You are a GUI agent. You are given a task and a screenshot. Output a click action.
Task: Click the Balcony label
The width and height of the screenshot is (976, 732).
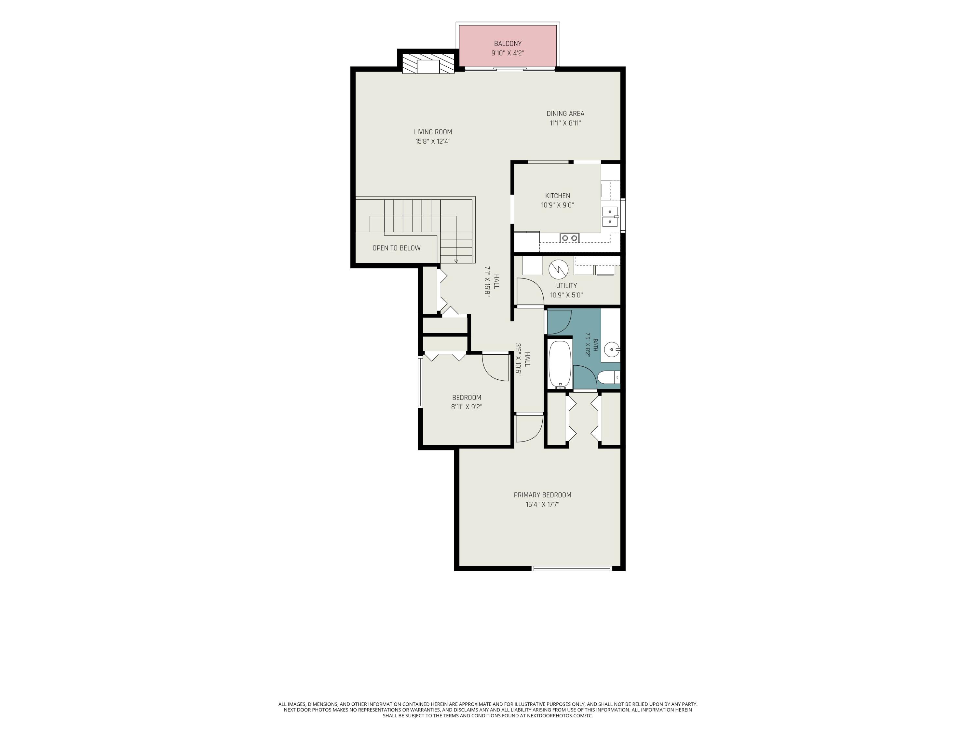[x=508, y=44]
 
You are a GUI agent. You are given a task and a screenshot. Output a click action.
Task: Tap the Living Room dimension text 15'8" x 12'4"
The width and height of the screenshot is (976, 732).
[x=433, y=142]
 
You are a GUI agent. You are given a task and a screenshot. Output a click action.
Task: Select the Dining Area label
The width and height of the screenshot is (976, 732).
[x=565, y=114]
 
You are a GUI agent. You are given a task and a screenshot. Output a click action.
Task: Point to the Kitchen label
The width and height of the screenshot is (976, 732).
[x=558, y=196]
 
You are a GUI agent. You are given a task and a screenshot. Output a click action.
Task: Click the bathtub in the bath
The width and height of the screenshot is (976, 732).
[x=560, y=364]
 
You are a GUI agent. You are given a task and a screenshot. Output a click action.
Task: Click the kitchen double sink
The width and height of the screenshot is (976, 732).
[x=610, y=217]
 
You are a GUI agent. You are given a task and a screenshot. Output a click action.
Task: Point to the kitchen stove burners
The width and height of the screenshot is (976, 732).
[x=569, y=238]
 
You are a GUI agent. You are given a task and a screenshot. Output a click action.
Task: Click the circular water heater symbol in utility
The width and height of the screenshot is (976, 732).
[x=558, y=269]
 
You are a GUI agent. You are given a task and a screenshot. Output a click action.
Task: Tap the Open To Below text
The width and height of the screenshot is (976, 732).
[x=396, y=248]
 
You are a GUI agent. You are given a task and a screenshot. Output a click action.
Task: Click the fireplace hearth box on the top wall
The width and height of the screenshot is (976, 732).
[x=428, y=66]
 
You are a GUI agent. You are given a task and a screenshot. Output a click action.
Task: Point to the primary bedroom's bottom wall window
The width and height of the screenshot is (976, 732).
[x=572, y=568]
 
